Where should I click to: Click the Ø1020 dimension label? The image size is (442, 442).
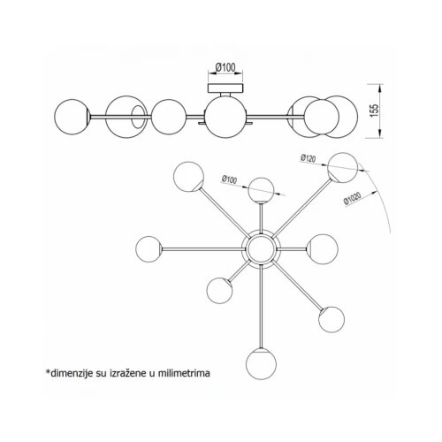(x=352, y=199)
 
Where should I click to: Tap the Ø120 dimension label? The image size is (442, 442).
(x=309, y=158)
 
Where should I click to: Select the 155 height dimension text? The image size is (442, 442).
(x=374, y=110)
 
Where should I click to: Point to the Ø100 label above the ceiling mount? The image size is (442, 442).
(x=225, y=67)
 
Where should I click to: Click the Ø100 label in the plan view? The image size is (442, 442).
(x=229, y=179)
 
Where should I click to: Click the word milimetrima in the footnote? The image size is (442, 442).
(x=184, y=373)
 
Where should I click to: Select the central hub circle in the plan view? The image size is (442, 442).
(x=261, y=248)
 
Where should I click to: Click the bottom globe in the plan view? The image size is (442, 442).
(x=261, y=364)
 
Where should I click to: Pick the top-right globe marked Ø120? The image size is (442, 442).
(x=343, y=168)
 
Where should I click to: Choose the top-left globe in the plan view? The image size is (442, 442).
(x=188, y=177)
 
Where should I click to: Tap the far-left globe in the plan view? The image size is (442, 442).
(x=149, y=249)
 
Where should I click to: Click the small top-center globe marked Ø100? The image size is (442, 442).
(x=261, y=190)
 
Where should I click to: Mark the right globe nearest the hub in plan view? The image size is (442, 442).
(x=323, y=249)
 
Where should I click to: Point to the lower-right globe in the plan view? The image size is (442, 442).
(x=331, y=319)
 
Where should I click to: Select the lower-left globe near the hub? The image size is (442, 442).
(x=219, y=290)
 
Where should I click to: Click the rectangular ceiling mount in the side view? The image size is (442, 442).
(x=226, y=88)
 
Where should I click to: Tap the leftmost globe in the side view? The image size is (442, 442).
(x=72, y=117)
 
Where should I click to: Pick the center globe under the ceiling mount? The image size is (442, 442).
(x=225, y=117)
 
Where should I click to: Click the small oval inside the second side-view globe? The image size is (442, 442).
(x=138, y=117)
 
